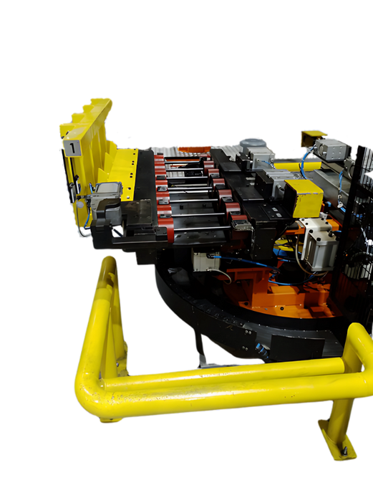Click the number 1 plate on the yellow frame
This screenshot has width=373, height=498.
click(72, 148)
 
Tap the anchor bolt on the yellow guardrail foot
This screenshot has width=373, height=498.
click(345, 450)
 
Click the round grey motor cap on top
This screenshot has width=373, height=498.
click(253, 145)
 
